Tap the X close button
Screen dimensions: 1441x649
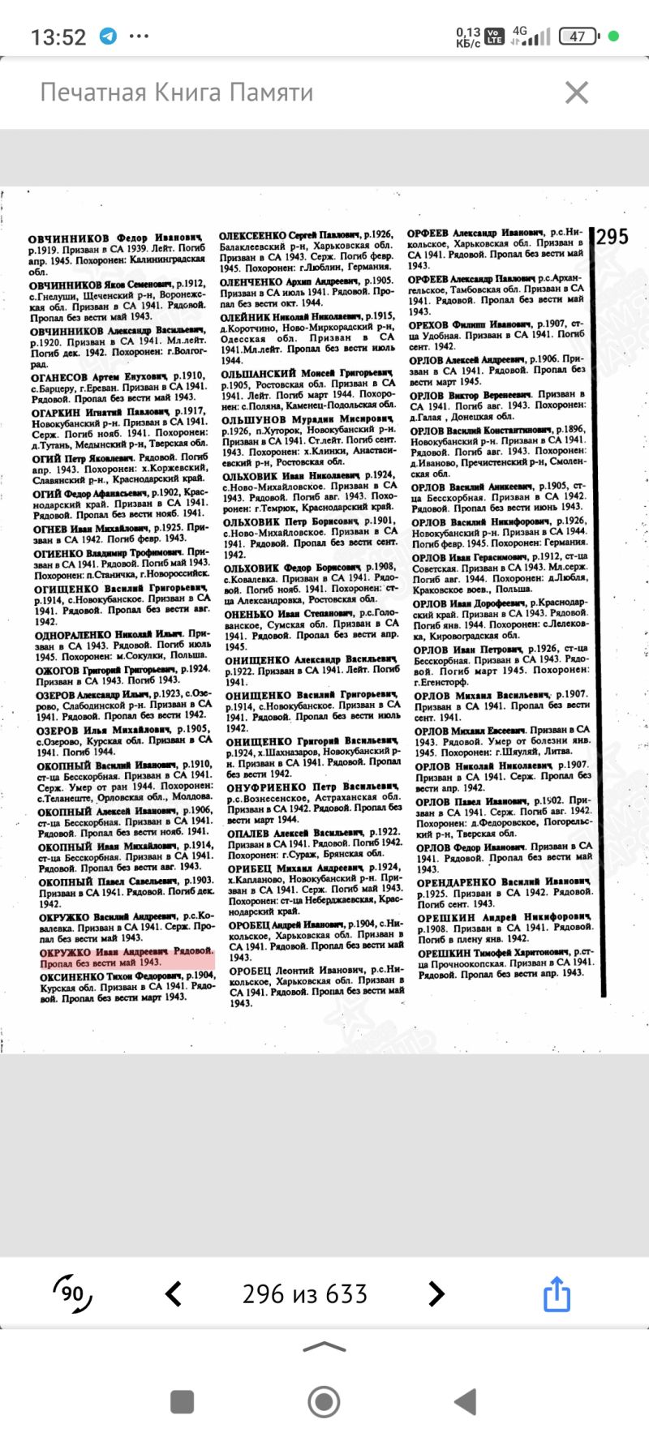click(x=576, y=92)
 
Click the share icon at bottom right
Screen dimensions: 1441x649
click(x=557, y=1293)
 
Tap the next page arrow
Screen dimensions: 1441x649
click(x=436, y=1293)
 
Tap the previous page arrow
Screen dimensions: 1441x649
click(x=174, y=1293)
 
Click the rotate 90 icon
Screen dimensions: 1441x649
click(x=72, y=1293)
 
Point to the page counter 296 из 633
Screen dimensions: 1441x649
click(x=305, y=1293)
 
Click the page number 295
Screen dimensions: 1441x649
click(x=612, y=236)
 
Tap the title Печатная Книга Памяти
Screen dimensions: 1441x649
click(x=177, y=92)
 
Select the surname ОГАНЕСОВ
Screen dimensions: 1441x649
click(x=59, y=376)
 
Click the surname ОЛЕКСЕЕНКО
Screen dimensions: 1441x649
click(x=252, y=235)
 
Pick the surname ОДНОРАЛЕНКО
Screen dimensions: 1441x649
click(x=73, y=633)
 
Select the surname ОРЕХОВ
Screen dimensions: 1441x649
click(x=430, y=324)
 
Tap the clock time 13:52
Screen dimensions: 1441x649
click(x=58, y=37)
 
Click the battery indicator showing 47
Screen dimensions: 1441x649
click(x=578, y=36)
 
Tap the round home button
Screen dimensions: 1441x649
click(x=324, y=1400)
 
